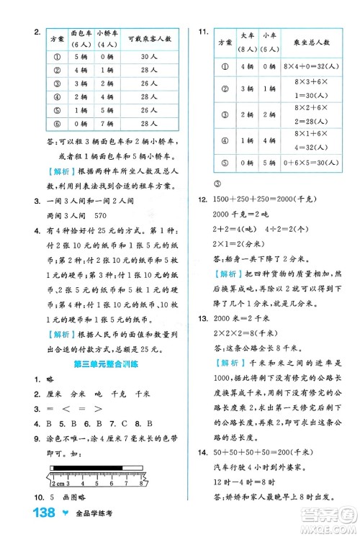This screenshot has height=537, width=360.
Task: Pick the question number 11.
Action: pyautogui.click(x=203, y=30)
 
